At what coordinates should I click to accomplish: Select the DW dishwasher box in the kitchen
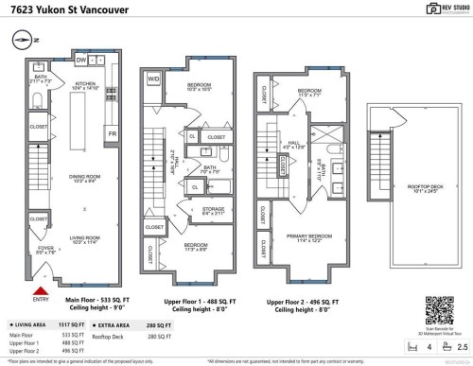click(82, 61)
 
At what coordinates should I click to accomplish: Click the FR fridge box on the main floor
click(112, 134)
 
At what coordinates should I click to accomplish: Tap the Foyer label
click(46, 251)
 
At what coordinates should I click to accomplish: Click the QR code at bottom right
click(436, 308)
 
